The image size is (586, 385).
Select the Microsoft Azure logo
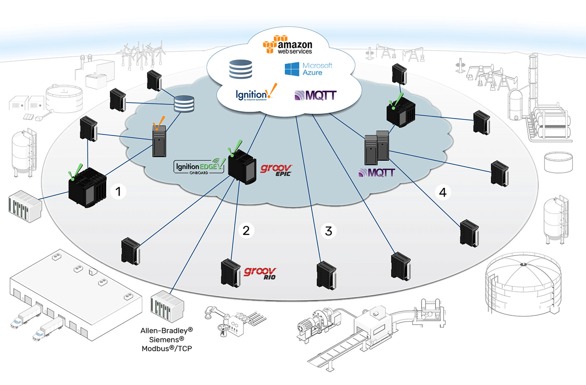(308, 70)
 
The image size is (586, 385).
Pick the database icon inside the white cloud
(241, 69)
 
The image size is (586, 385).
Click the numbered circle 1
(119, 192)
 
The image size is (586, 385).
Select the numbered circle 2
(246, 231)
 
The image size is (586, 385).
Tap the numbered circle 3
(328, 231)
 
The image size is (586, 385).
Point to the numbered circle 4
(442, 193)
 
